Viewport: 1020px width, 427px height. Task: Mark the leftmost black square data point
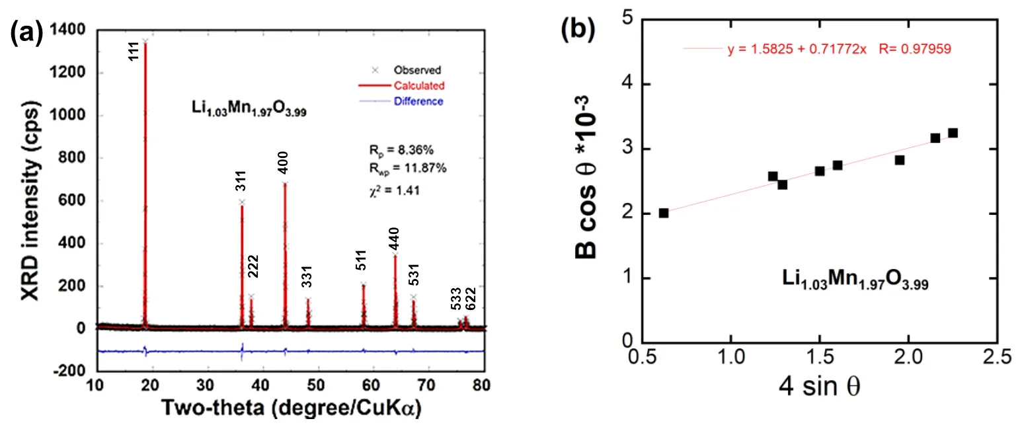(664, 213)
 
